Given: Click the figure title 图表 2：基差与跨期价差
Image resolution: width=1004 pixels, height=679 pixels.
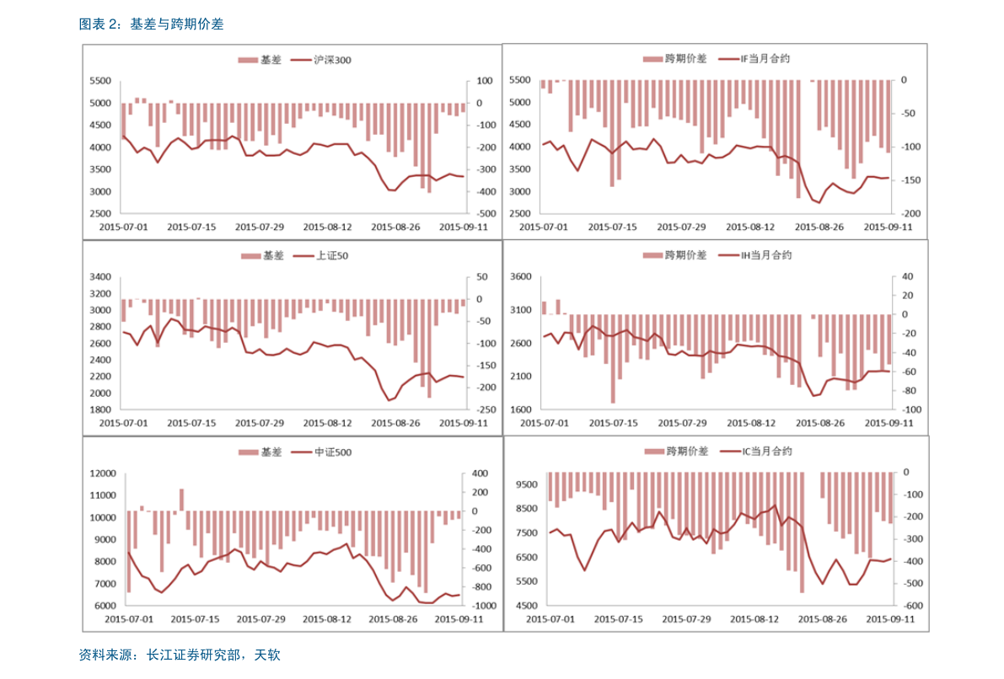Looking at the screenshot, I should tap(151, 24).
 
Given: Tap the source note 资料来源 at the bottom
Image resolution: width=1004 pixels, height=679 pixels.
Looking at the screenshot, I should tap(179, 655).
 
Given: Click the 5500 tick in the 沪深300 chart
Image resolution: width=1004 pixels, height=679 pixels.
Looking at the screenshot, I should tap(99, 81).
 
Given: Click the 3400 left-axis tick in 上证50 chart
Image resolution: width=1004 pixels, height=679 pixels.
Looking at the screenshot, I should tap(99, 277).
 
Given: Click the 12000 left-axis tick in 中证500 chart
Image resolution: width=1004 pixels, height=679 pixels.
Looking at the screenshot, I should tap(102, 473).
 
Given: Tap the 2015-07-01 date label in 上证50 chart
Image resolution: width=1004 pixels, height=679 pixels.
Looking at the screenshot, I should tap(123, 423).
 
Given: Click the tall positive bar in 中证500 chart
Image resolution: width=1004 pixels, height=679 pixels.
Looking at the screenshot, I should tap(181, 500).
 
